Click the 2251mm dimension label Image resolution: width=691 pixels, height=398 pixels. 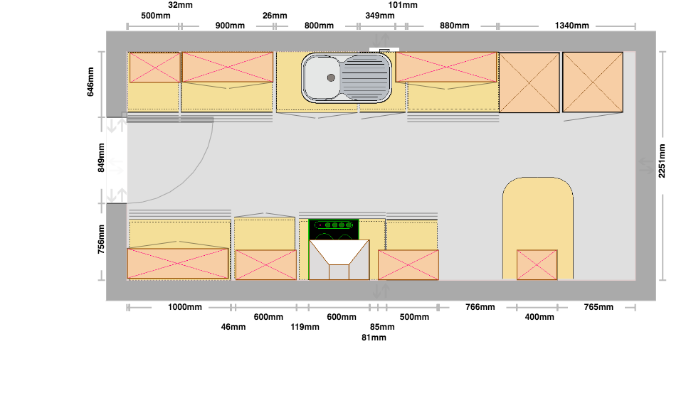click(x=662, y=161)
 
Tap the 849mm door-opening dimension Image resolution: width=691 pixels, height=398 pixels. click(x=101, y=158)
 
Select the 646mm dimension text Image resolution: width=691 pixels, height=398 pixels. click(x=90, y=82)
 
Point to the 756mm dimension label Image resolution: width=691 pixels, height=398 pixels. click(x=101, y=239)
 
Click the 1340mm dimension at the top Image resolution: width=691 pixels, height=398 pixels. click(x=571, y=26)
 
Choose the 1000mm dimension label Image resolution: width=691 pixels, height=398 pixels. click(x=184, y=307)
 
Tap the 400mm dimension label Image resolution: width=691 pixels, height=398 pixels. click(x=539, y=317)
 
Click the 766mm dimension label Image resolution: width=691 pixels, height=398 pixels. click(x=480, y=307)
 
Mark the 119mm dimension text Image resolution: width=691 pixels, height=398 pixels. click(x=305, y=327)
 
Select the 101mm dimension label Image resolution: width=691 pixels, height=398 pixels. click(x=403, y=5)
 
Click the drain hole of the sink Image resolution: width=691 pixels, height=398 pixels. click(x=331, y=78)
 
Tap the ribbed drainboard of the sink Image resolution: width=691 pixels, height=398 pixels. click(x=365, y=78)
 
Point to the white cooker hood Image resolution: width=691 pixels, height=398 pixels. click(x=339, y=259)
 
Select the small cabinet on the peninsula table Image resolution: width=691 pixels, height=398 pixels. click(x=537, y=264)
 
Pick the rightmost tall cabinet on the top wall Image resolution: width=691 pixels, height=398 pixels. click(x=593, y=82)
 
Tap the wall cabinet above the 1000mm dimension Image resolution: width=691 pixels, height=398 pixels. click(x=178, y=263)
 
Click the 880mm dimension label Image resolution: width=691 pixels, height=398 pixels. click(x=454, y=26)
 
